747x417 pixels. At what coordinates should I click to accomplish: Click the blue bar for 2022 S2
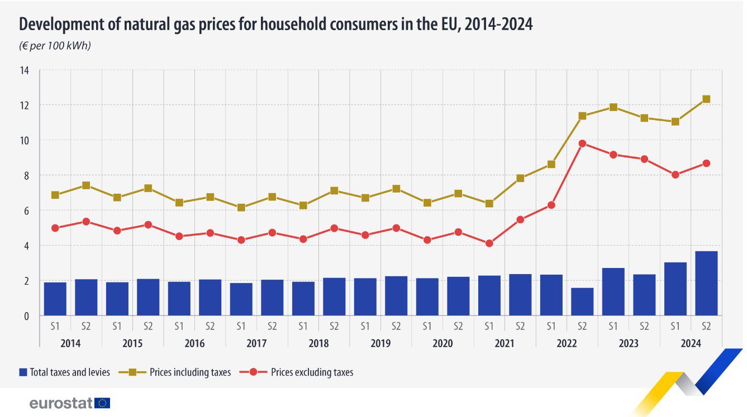[582, 301]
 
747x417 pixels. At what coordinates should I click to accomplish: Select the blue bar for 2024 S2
[706, 283]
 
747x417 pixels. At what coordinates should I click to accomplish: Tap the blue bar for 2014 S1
[55, 299]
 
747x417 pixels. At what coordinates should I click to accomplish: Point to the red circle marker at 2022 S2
[582, 143]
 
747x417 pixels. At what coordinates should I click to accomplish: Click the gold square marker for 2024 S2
[706, 99]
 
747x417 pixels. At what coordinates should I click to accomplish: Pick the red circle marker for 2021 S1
[489, 243]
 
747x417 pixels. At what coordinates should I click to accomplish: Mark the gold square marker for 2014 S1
[55, 195]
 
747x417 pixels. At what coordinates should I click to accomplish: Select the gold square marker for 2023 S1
[613, 107]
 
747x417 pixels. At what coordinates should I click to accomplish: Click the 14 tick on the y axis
[24, 70]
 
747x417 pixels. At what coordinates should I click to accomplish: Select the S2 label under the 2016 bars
[210, 325]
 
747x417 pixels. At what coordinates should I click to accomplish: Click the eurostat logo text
[61, 404]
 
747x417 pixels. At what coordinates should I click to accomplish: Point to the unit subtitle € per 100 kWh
[55, 46]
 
